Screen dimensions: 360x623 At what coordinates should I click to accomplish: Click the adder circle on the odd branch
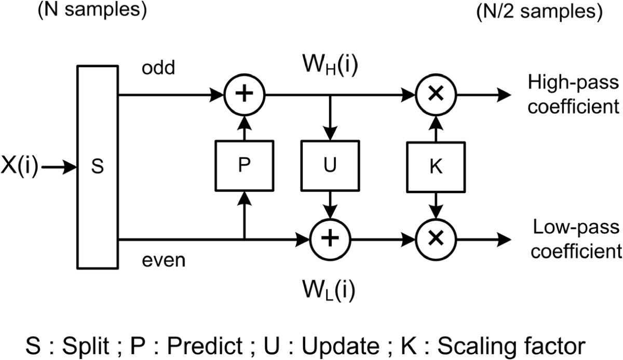click(x=244, y=96)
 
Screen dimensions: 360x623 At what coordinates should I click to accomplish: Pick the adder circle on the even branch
click(x=331, y=239)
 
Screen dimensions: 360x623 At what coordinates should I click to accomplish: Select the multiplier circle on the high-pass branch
click(x=436, y=96)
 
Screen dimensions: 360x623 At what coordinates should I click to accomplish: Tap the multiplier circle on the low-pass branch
click(x=436, y=239)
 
